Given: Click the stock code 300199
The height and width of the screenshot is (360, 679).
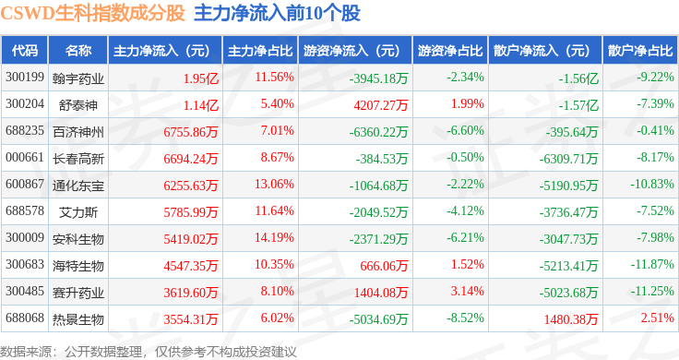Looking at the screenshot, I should tap(24, 77).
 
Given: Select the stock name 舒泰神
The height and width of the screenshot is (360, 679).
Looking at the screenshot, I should tap(77, 104).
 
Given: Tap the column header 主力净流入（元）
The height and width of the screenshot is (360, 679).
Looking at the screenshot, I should tap(161, 50).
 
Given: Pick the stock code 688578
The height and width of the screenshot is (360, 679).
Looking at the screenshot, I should tap(24, 211).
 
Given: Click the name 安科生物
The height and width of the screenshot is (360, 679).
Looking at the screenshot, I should tap(77, 239).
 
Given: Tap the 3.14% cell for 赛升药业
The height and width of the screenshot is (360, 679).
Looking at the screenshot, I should tap(468, 293).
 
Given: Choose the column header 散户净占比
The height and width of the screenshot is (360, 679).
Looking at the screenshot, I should tap(640, 50).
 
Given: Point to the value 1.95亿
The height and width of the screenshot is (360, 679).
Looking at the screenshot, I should tap(201, 78).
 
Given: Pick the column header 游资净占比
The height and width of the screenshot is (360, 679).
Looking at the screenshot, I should tap(449, 50).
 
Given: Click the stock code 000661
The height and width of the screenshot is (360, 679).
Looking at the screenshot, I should tap(24, 158).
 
